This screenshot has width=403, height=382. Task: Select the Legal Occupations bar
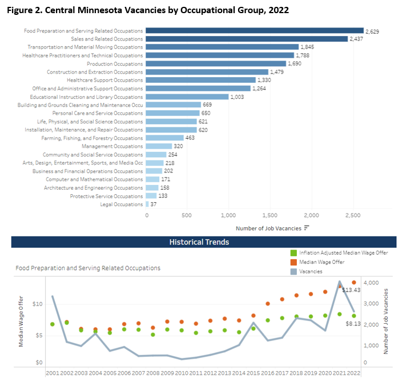click(x=147, y=204)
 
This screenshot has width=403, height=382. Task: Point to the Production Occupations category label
click(x=115, y=64)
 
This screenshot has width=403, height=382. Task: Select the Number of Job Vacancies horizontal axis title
click(x=268, y=228)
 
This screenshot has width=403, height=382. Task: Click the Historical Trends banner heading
click(x=199, y=242)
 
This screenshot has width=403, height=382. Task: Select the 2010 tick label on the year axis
click(x=182, y=373)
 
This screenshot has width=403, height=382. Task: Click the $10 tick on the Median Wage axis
click(x=37, y=304)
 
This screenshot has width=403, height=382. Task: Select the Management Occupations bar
click(x=159, y=146)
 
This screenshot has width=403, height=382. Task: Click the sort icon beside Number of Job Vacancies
click(x=307, y=228)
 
